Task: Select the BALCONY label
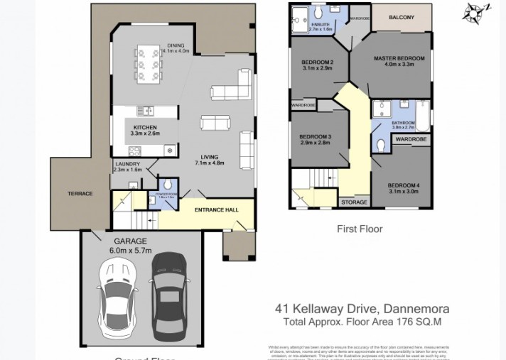(x=402, y=17)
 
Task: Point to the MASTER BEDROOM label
(x=399, y=58)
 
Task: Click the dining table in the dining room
(x=149, y=65)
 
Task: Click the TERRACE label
(x=80, y=193)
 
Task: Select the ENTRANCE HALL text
(x=217, y=209)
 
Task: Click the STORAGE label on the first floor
(x=354, y=202)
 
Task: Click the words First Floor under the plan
(x=359, y=229)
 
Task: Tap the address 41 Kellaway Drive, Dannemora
(x=362, y=309)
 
